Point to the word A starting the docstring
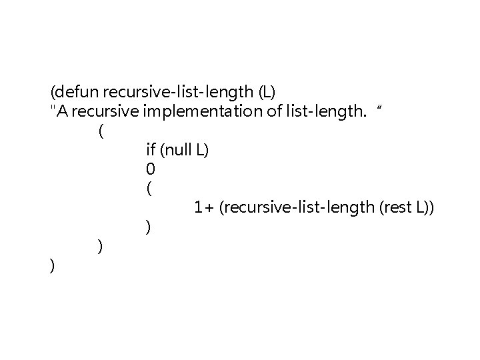tap(61, 111)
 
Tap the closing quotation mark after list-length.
tap(380, 109)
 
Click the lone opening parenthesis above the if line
tap(100, 131)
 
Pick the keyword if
tap(150, 151)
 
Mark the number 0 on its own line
tap(149, 170)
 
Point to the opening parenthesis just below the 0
tap(148, 189)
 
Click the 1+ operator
tap(203, 208)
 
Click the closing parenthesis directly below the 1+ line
tap(148, 227)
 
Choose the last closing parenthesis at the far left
tap(52, 266)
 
